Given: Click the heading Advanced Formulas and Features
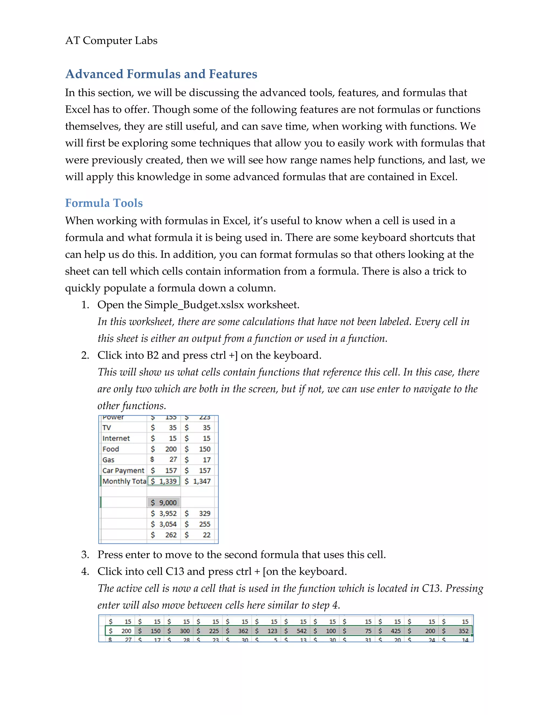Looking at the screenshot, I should pos(161,74).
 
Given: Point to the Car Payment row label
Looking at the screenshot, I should pos(123,471).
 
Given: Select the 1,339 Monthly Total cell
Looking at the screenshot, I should pos(164,481).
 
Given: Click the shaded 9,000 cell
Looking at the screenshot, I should pos(164,503).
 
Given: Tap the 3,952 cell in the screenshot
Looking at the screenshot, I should pos(164,513).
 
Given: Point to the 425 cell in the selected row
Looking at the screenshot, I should pos(392,631).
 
